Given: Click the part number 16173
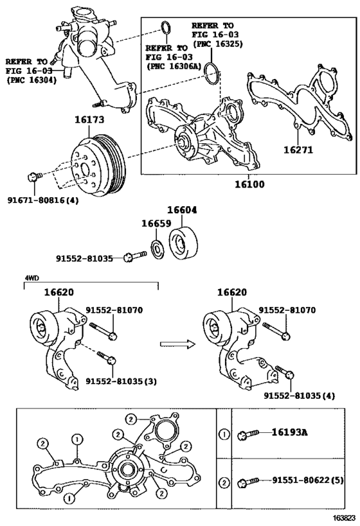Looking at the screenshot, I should click(89, 120).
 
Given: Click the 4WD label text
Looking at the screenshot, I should click(32, 278).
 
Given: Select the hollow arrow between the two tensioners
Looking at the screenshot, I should click(176, 344).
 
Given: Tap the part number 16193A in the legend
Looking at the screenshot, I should click(289, 432).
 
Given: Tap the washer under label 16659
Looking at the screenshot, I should click(156, 248).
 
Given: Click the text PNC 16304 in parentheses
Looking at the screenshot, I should click(30, 81).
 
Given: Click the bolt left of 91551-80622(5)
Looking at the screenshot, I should click(248, 480).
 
